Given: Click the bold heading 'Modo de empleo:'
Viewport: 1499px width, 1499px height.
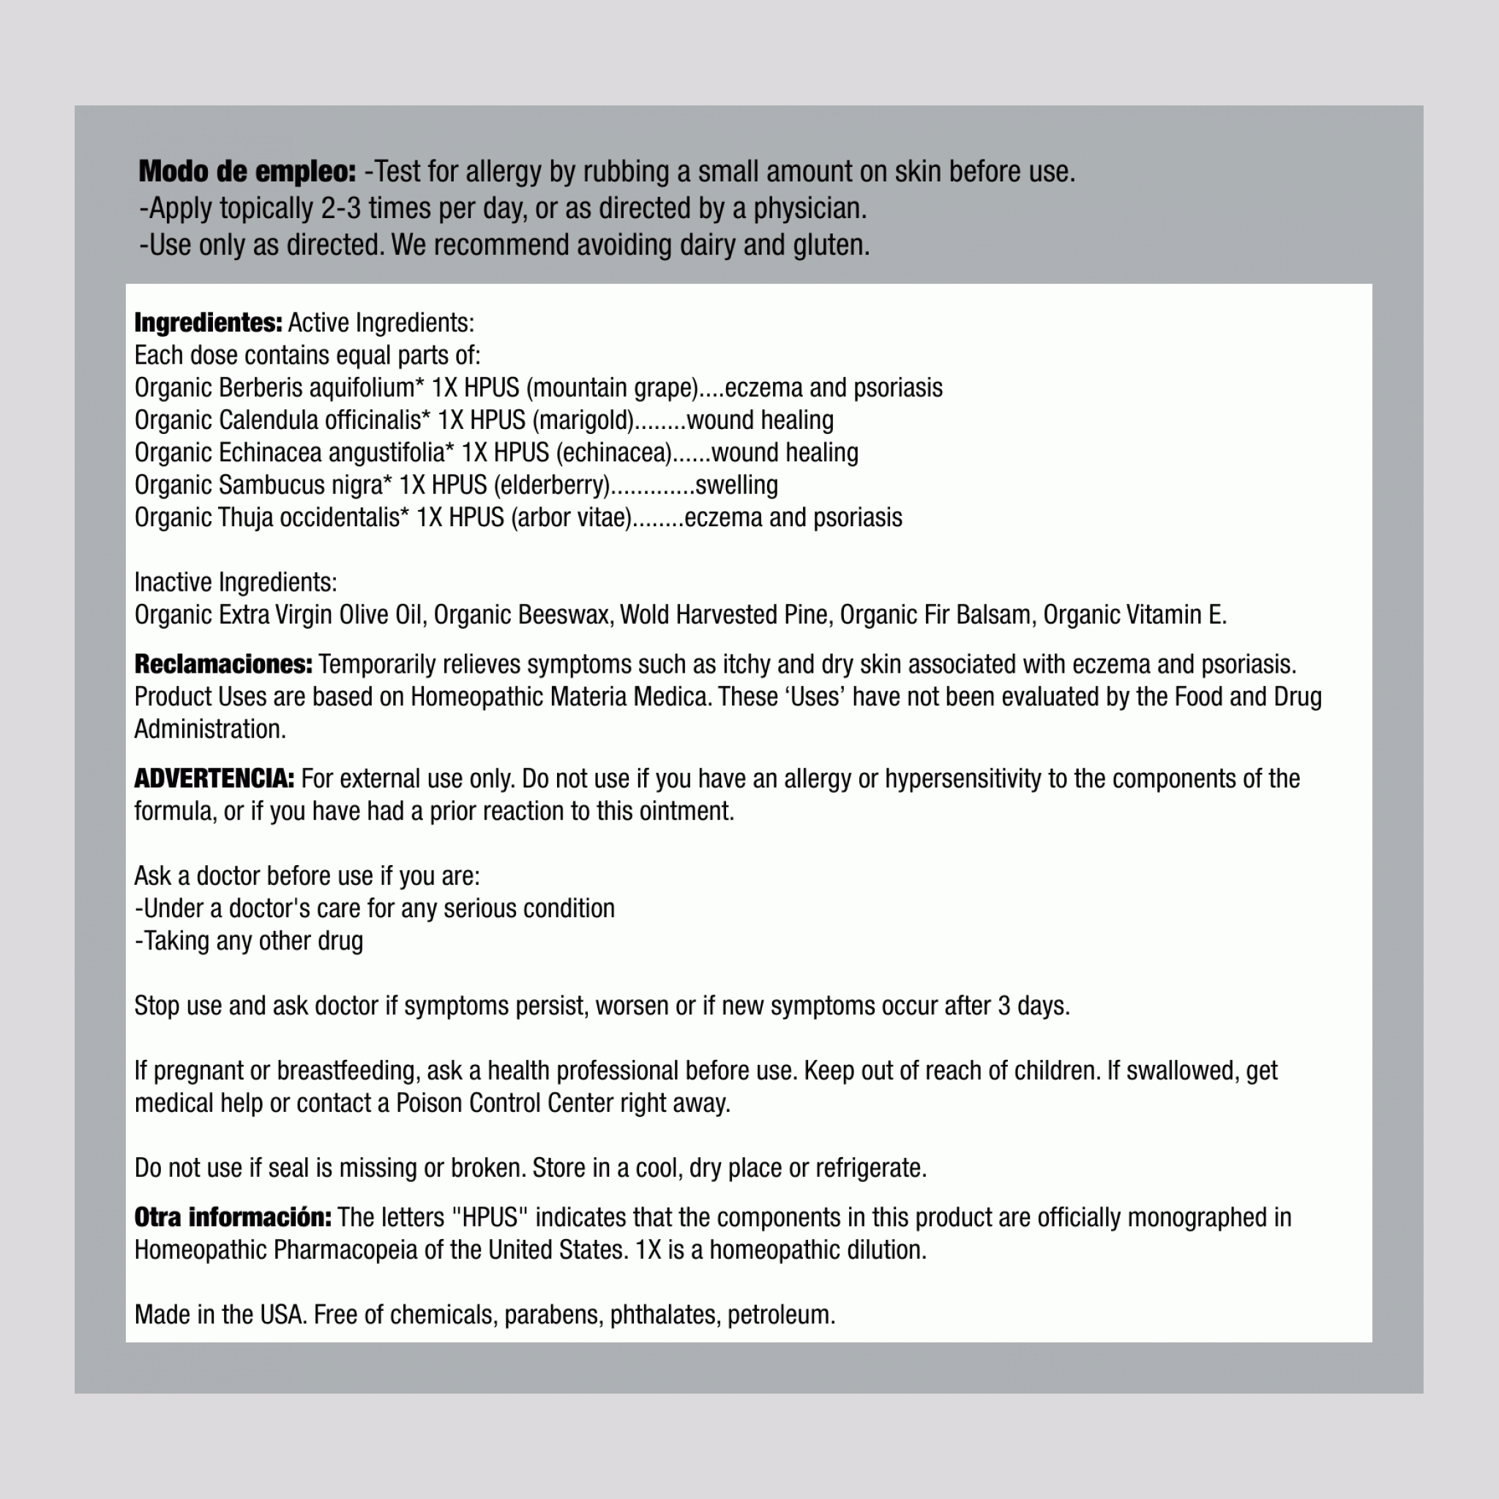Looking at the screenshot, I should coord(247,171).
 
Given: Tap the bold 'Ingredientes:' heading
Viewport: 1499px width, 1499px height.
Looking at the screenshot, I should coord(208,323).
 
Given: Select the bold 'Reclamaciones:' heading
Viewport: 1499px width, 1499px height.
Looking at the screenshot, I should coord(223,664).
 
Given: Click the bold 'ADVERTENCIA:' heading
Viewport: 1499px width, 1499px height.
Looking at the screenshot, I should coord(214,778).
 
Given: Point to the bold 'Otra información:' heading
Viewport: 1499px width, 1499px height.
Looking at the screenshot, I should coord(233,1217).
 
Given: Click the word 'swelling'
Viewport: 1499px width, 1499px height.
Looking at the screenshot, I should coord(736,485).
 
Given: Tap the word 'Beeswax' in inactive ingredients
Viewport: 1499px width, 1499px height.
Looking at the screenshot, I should coord(564,615).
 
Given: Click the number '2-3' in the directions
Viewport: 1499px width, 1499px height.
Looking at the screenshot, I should coord(341,208).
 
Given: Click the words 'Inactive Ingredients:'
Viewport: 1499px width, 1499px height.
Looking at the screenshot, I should coord(236,582).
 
